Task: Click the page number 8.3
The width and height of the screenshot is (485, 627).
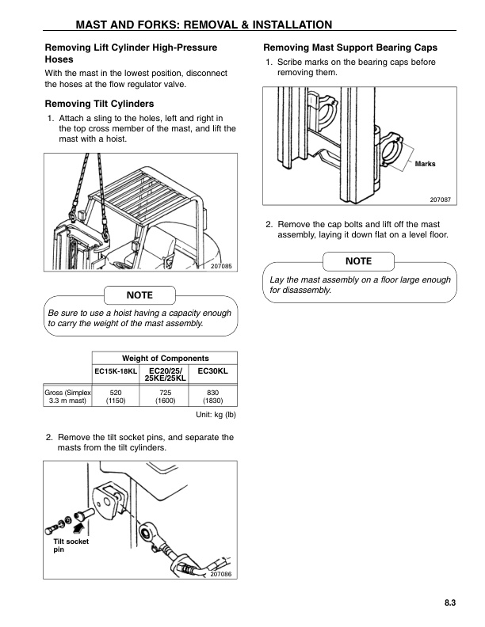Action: [449, 603]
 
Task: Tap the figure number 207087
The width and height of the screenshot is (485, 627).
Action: [441, 200]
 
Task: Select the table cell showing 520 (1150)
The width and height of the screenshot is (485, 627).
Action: [116, 396]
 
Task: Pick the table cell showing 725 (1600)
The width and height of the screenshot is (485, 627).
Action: [165, 396]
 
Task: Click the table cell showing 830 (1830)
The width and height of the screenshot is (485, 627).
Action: [212, 396]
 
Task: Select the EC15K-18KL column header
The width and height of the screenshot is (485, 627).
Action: [116, 370]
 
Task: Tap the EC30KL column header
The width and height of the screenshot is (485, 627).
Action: [212, 370]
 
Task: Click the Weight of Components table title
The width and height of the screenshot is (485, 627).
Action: [165, 358]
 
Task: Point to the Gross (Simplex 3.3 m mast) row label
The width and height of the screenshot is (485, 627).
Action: [68, 396]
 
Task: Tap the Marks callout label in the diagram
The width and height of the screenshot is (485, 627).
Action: [425, 164]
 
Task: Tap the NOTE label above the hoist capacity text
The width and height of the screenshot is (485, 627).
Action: [140, 295]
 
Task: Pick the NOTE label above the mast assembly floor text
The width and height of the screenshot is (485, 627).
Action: [358, 261]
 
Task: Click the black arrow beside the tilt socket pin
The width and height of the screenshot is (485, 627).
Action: [79, 523]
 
